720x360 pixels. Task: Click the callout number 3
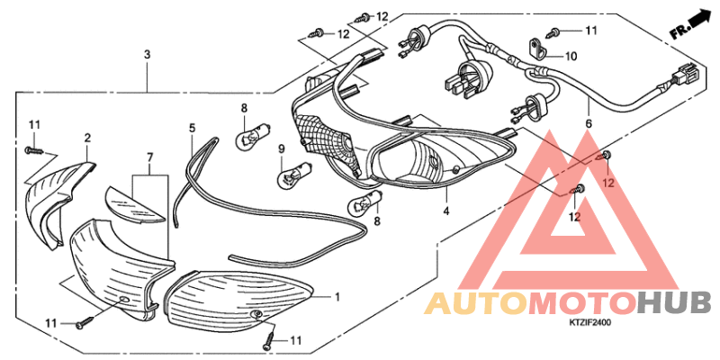(147, 55)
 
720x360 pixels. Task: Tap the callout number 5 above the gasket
(192, 128)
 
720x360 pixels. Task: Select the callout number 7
(150, 158)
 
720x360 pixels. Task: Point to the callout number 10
(571, 57)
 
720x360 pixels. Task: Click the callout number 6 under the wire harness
(589, 123)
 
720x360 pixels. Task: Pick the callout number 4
(446, 211)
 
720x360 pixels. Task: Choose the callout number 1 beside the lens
(337, 298)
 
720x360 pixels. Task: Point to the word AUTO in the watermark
(476, 303)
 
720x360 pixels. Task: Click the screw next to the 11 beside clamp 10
(553, 32)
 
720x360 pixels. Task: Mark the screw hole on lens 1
(256, 314)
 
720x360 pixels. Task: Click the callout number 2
(87, 138)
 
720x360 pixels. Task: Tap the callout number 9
(282, 148)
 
